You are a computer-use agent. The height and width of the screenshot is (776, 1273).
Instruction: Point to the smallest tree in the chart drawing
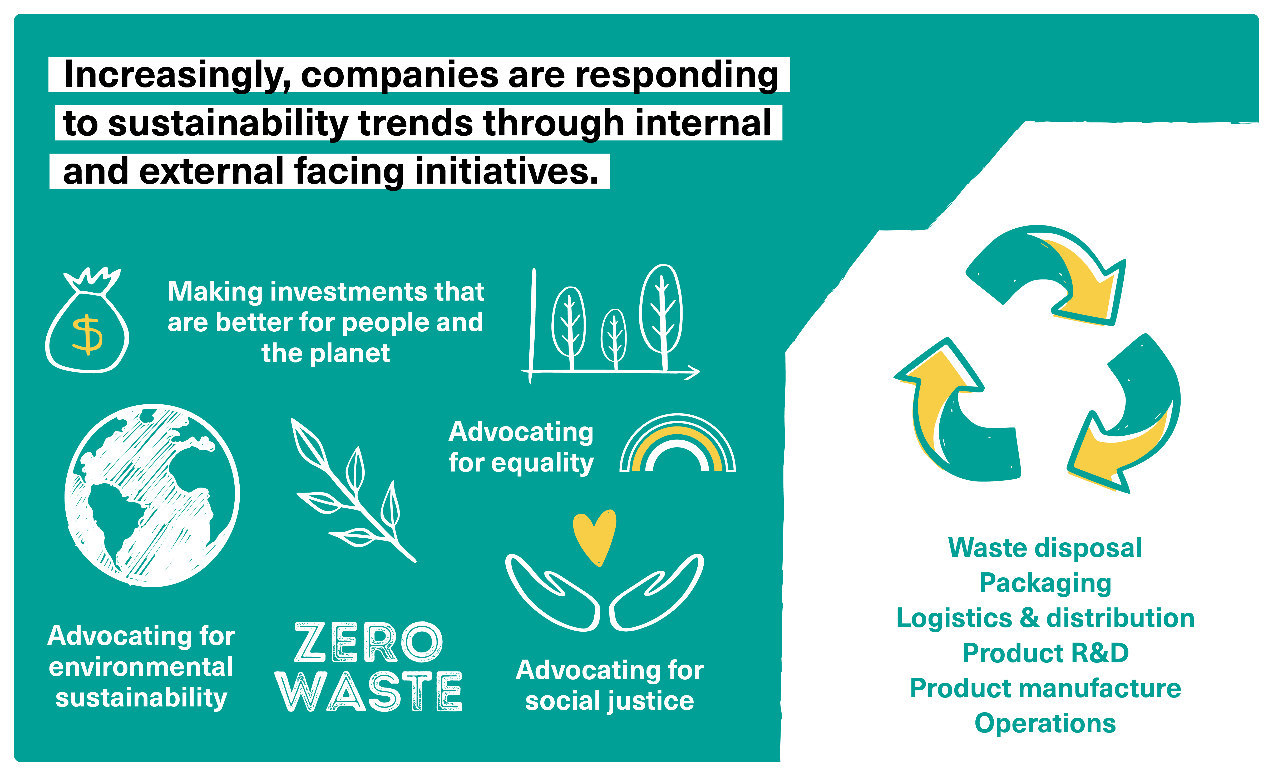click(x=614, y=338)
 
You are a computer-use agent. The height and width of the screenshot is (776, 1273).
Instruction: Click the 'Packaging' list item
click(x=1045, y=583)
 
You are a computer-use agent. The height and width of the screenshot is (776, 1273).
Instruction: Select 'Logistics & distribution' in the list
click(x=1045, y=618)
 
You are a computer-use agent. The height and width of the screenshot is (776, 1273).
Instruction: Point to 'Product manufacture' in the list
click(x=1045, y=688)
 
